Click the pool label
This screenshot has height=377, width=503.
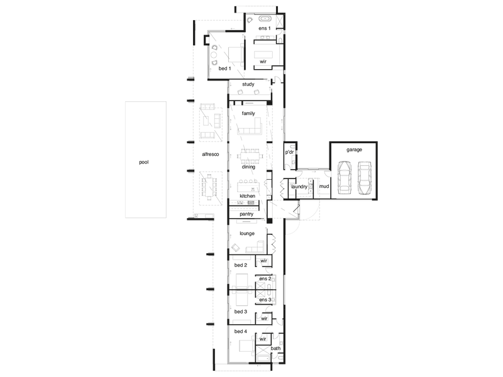[144, 162]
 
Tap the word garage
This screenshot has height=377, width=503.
[354, 150]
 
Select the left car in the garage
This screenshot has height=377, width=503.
[344, 178]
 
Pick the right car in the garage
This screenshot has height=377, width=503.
[365, 178]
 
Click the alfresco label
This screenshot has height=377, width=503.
[211, 154]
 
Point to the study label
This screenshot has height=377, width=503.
[248, 84]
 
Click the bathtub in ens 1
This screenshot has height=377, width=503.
[265, 18]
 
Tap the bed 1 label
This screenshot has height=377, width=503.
[224, 68]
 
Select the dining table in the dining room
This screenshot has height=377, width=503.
[250, 156]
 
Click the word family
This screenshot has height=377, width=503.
[248, 114]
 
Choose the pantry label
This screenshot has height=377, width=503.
[246, 214]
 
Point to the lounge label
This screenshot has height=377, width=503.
[247, 233]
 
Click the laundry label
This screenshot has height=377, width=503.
[299, 187]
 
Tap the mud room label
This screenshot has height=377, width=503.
[324, 186]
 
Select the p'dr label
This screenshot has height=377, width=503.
[290, 152]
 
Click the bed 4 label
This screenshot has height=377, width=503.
[241, 332]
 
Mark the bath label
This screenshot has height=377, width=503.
[275, 348]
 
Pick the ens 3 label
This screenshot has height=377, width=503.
[265, 300]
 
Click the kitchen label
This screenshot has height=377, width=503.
[247, 196]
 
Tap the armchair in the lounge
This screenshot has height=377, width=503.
[236, 248]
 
